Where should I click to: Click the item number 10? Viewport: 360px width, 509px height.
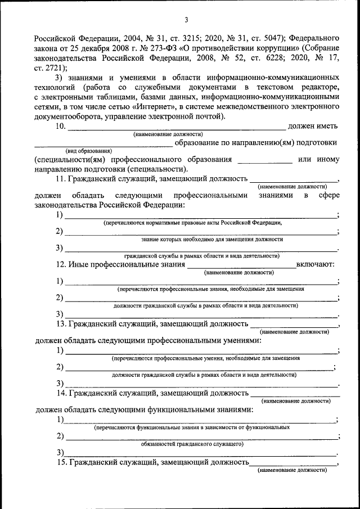(61, 127)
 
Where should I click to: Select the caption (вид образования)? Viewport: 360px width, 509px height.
(88, 151)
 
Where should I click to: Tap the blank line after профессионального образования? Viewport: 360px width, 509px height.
(265, 160)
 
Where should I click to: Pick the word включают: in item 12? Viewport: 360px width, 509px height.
(316, 264)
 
